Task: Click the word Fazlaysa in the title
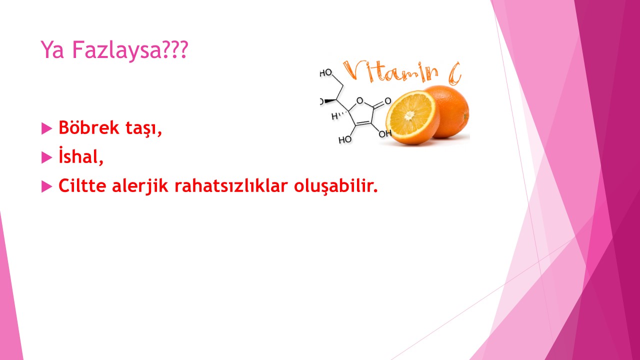pos(117,50)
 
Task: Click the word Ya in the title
pos(52,49)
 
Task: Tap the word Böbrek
pos(88,127)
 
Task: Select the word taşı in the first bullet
pos(143,128)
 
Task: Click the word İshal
pos(81,155)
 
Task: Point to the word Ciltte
pos(82,185)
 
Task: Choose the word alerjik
pos(140,186)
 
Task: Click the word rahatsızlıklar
pos(231,185)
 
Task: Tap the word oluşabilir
pos(335,186)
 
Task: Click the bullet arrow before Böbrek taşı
pos(47,128)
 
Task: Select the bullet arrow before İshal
pos(47,157)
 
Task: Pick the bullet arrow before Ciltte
pos(47,186)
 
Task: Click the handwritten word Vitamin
pos(390,71)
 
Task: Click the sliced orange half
pos(412,117)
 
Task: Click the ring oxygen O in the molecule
pos(360,100)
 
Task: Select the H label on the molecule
pos(334,116)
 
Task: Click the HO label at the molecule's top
pos(325,73)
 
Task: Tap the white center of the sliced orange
pos(409,115)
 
